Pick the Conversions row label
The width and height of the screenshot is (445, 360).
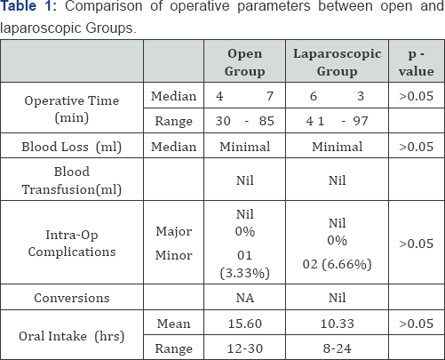point(73,300)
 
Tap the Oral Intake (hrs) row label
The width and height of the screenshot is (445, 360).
point(73,337)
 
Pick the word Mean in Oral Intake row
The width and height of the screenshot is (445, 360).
point(171,325)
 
